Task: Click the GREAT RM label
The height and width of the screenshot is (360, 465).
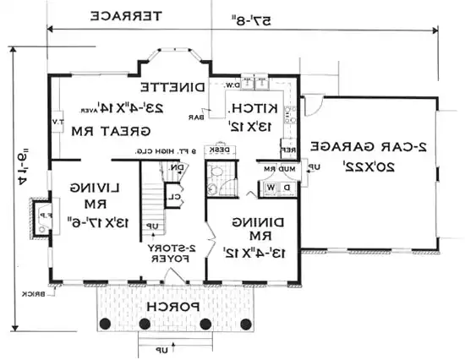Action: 139,131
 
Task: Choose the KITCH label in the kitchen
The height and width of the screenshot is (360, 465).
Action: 246,108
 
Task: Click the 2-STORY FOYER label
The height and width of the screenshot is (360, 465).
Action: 172,253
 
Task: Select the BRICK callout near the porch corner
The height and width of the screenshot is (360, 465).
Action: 34,296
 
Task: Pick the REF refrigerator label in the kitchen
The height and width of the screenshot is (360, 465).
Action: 287,150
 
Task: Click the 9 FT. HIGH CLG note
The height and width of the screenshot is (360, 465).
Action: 168,152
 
